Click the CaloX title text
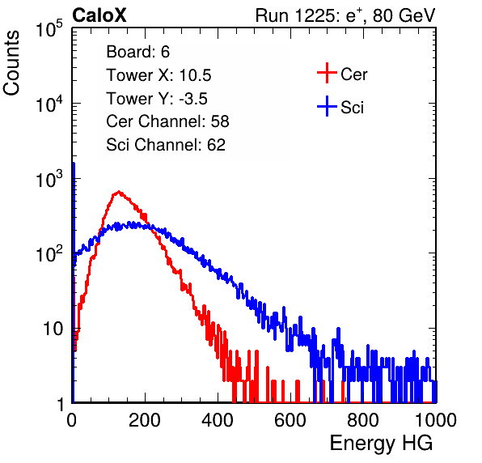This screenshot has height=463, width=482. pos(99,15)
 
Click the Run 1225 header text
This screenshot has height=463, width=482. pos(345,15)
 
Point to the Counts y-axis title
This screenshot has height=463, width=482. pos(11,63)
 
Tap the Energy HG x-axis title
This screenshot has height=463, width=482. pos(381,444)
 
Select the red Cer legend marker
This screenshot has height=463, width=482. pos(327,73)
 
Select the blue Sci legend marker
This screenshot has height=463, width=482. pos(327,106)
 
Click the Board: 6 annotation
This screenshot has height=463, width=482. pos(137,52)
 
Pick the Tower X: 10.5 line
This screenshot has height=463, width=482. pos(159,75)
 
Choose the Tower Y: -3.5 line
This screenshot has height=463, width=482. pos(157,99)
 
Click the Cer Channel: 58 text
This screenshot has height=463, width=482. pos(167,121)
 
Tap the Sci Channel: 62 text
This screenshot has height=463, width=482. pos(166,145)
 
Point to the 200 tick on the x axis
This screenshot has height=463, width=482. pos(145,420)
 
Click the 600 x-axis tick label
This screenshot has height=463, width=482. pos(290,420)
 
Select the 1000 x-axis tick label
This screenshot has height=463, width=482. pos(436,420)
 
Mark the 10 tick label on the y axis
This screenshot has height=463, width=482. pos(53,329)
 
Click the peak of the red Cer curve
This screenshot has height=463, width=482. pos(119,191)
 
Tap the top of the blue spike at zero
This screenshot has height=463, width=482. pos(74,163)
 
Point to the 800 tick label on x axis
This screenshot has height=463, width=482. pos(363,420)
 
